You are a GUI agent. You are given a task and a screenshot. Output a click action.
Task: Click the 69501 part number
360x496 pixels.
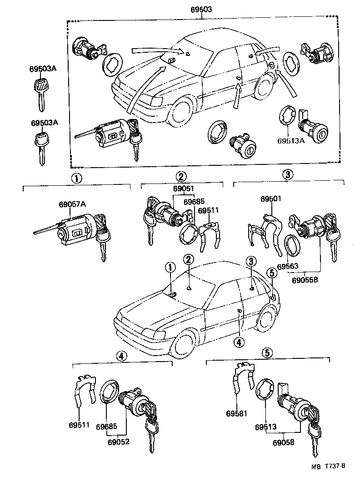coord(271,199)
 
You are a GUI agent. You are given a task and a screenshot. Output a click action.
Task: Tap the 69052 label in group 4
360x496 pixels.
coord(118,441)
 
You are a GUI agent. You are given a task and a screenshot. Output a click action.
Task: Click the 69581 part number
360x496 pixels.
coord(236,413)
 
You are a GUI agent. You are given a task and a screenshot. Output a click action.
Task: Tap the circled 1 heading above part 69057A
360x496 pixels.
coord(77,178)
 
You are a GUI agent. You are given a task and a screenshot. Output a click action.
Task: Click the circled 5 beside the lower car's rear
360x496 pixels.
coord(271,273)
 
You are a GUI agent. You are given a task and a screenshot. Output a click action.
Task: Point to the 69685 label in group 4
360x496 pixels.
coord(106,427)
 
